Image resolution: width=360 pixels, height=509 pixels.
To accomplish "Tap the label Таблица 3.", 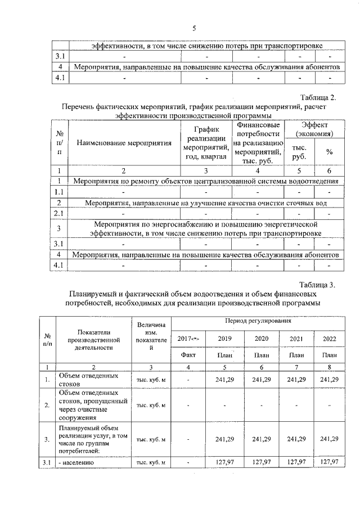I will (317, 285).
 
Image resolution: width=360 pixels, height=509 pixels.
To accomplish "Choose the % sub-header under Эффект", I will (329, 152).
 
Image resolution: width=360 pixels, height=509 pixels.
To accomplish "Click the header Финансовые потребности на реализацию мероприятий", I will (258, 143).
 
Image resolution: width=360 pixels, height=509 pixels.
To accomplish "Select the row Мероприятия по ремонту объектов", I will (206, 181).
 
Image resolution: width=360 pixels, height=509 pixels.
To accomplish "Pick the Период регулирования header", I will (258, 321).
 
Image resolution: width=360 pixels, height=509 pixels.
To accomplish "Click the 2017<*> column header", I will (188, 339).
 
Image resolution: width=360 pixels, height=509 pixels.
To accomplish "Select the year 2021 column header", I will (296, 339).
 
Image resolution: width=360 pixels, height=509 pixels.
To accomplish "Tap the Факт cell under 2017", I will (188, 355).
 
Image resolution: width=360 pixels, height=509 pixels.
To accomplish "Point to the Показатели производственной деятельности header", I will (92, 339).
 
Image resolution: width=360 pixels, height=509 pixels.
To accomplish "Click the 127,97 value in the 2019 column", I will (224, 462).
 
